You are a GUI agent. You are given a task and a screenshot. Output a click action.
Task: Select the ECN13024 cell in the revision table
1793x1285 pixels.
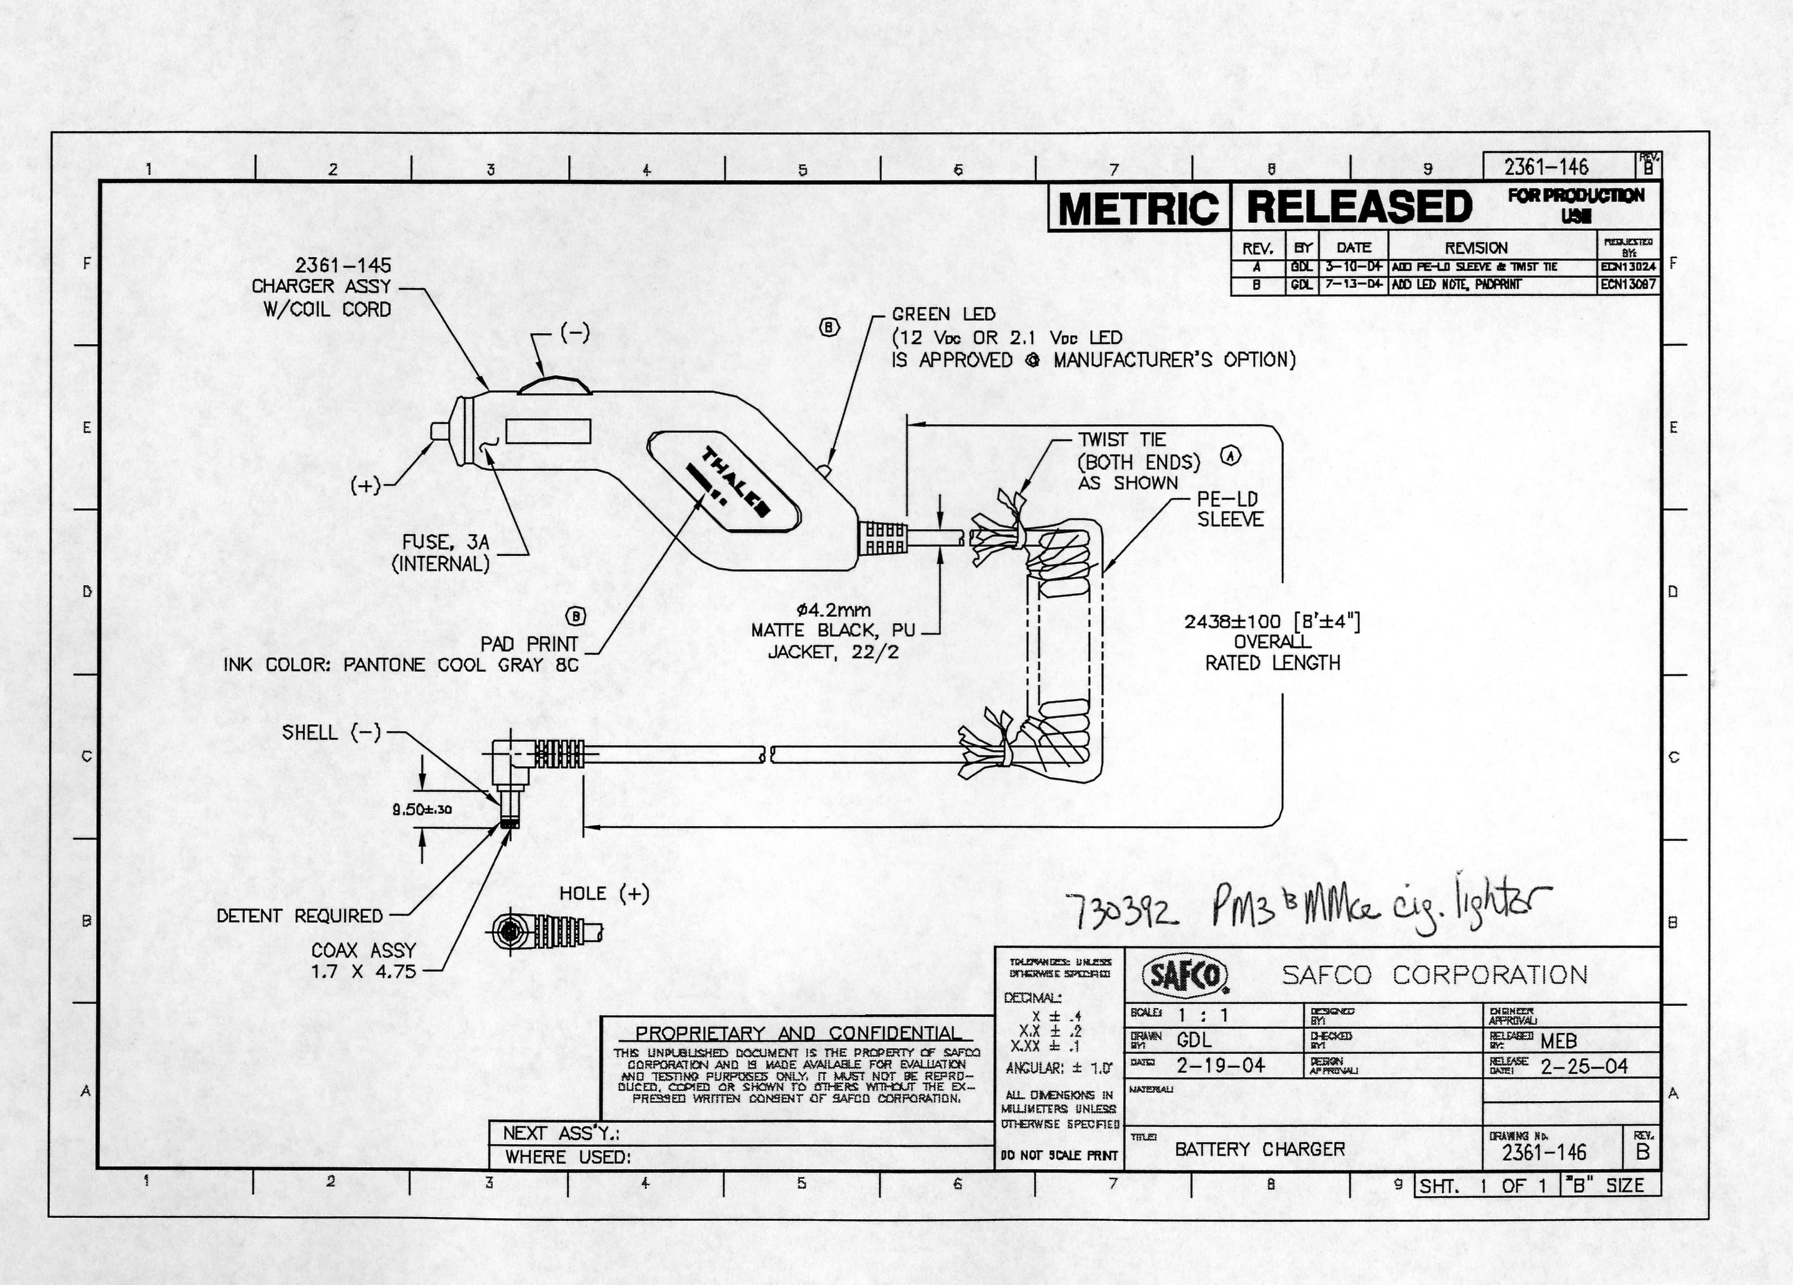(x=1628, y=267)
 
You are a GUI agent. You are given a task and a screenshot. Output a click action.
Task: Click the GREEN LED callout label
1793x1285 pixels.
(x=943, y=314)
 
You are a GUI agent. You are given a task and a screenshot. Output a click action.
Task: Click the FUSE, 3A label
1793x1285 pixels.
(x=445, y=542)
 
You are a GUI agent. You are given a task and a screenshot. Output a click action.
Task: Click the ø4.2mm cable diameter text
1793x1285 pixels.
(x=833, y=610)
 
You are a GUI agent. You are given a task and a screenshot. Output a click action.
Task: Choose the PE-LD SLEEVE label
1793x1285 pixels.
(x=1229, y=509)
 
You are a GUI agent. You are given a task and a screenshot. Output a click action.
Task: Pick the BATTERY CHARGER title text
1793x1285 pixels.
(x=1259, y=1149)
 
